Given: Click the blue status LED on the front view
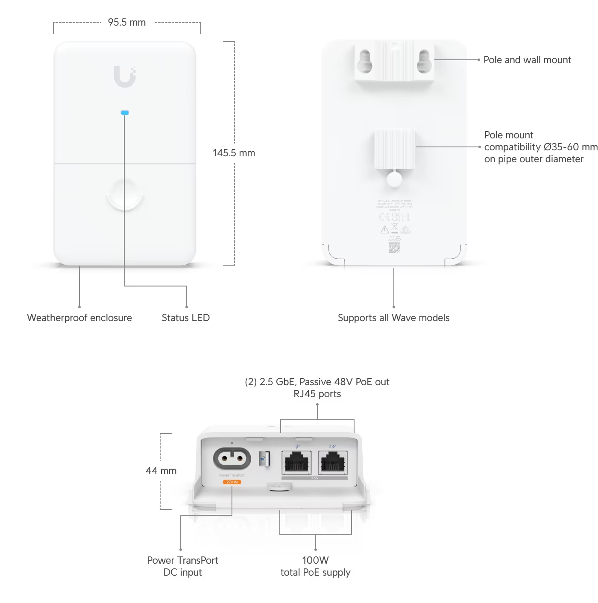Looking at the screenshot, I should coord(125,113).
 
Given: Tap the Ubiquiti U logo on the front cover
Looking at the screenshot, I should coord(125,76).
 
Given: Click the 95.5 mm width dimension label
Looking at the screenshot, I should coord(127,22).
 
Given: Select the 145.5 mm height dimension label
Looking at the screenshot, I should coord(234,153).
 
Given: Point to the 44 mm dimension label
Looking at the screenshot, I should coord(161,471).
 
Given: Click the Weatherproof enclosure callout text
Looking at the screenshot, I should coord(79,318).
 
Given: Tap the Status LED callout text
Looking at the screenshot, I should coord(185,318).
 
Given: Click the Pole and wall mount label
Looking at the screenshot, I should coord(527,60).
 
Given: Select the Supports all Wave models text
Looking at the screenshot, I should coord(393,318).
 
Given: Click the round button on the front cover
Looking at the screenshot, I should coord(125,194).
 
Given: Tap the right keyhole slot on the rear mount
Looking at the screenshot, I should coord(423,61).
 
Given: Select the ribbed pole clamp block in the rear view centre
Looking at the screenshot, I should coord(395,149).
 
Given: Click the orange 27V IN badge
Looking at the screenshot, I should coord(232,482).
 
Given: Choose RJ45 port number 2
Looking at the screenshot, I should coord(333,462).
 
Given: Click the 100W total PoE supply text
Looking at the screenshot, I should coord(315,566).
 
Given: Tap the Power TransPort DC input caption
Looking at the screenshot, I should coord(183,566).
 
